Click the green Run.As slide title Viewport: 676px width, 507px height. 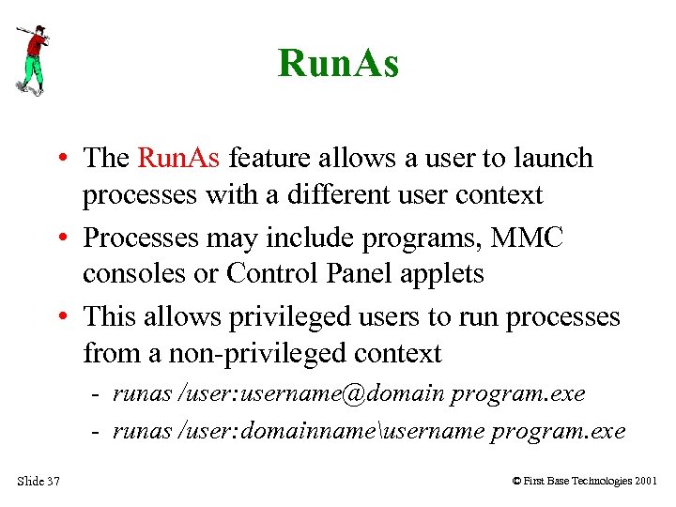click(x=338, y=64)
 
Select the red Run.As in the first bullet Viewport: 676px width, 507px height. click(x=178, y=158)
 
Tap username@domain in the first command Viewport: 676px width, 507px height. click(x=343, y=393)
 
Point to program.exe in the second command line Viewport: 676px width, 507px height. click(x=559, y=431)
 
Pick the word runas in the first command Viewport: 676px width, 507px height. click(x=142, y=393)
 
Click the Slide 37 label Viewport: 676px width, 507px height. click(x=38, y=482)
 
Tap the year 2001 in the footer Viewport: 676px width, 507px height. click(x=646, y=482)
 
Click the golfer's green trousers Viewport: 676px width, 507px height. click(x=32, y=69)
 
